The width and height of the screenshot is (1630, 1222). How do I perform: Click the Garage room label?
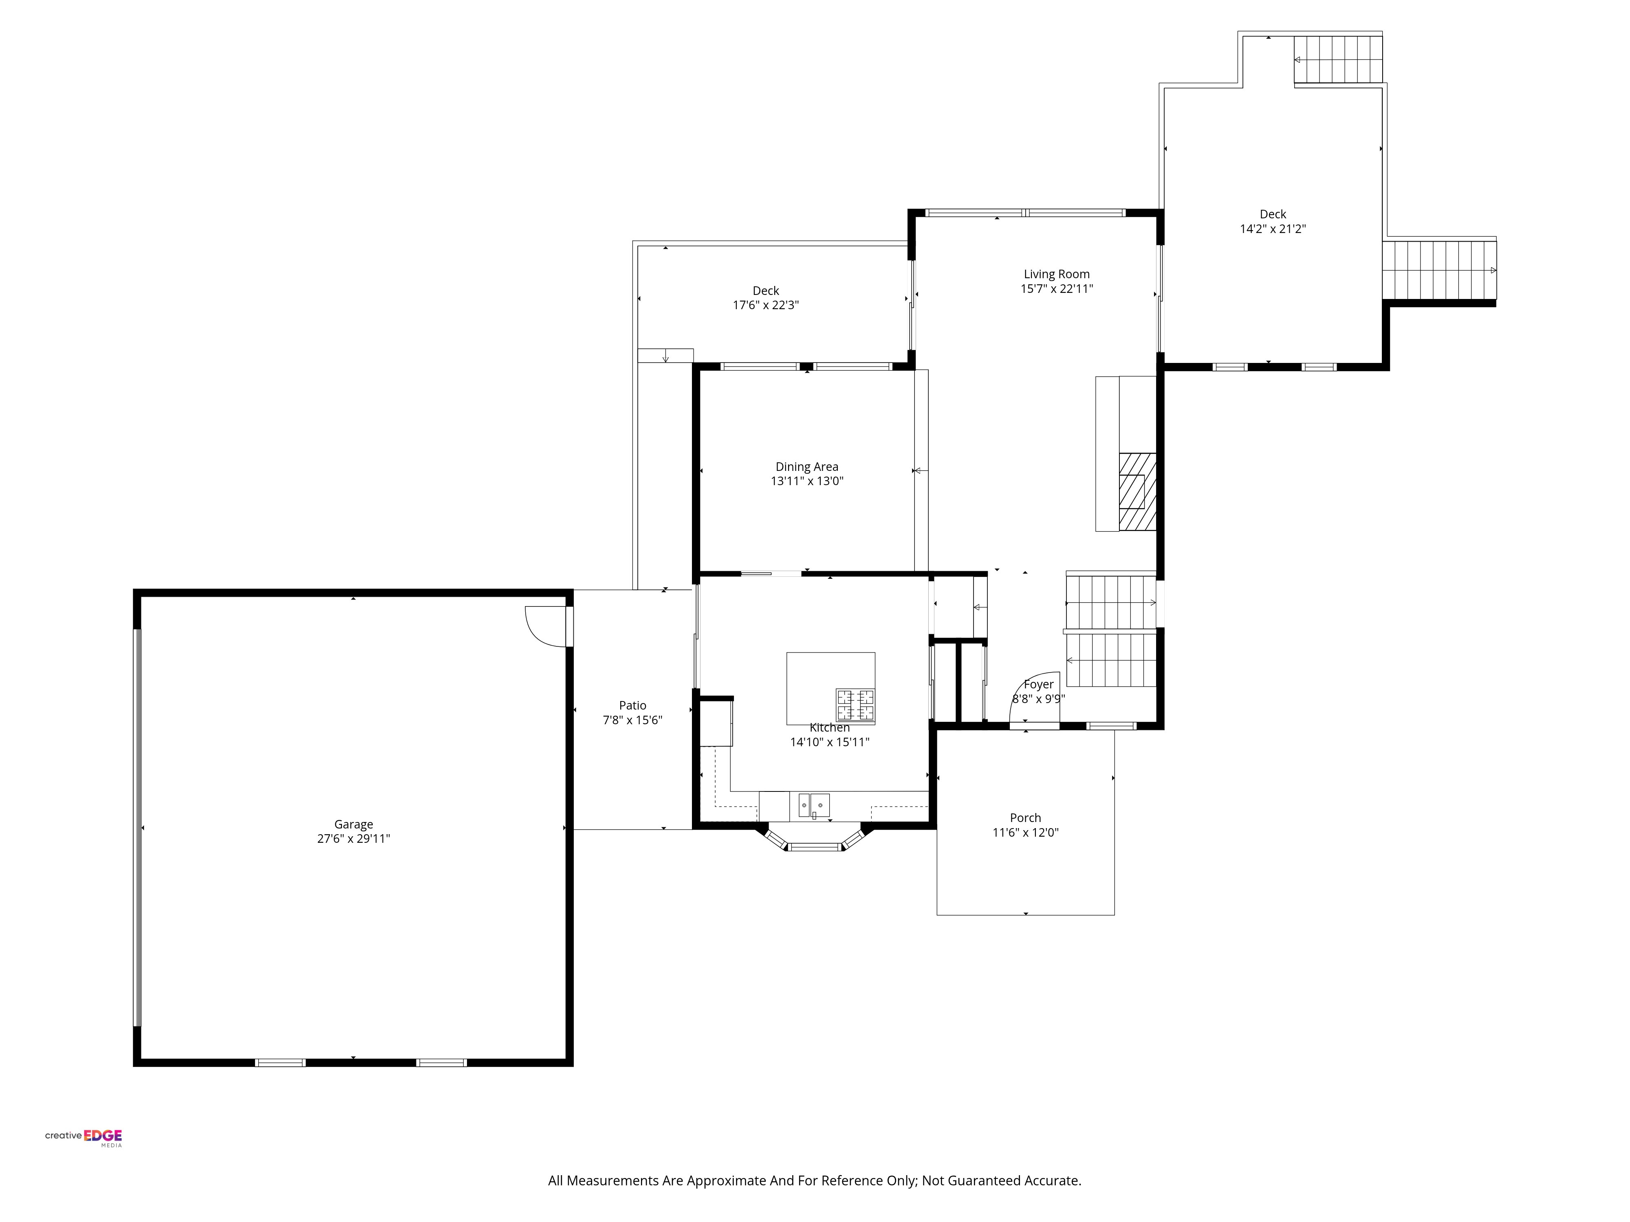coord(354,824)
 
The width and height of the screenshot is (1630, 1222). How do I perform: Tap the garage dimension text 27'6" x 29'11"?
coord(354,838)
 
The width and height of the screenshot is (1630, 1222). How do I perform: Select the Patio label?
coord(632,705)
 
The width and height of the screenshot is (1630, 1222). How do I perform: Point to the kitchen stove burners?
coord(855,705)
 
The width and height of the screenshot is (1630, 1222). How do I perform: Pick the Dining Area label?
coord(807,466)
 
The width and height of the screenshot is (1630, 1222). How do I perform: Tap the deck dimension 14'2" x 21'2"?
coord(1273,229)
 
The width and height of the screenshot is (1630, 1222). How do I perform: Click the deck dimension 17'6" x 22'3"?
coord(766,305)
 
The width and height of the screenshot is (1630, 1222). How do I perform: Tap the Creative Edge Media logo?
coord(83,1137)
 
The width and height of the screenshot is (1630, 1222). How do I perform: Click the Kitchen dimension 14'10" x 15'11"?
coord(830,742)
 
